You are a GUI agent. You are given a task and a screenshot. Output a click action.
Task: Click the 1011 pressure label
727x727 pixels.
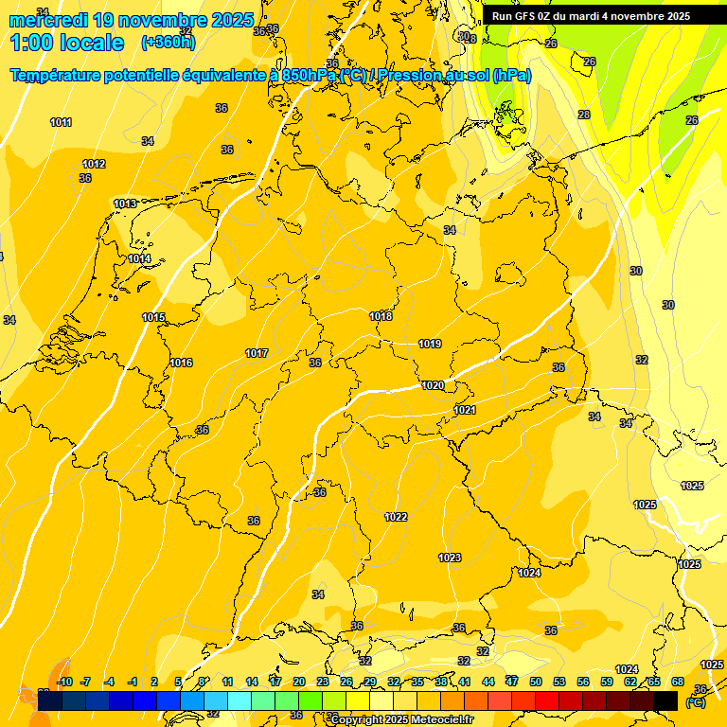pos(62,122)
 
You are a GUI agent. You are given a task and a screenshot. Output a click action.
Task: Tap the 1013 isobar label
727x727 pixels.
pos(125,204)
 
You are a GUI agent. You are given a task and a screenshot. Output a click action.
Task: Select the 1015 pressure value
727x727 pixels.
pos(153,318)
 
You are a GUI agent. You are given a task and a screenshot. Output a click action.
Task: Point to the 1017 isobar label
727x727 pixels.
pos(257,353)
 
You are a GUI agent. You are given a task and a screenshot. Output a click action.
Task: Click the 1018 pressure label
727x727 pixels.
pos(381,316)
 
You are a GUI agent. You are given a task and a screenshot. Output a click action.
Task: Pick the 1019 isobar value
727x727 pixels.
pos(430,344)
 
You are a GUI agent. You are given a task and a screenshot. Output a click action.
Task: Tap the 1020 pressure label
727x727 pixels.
pos(434,385)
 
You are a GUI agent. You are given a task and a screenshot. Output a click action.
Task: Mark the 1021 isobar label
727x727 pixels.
pos(465,410)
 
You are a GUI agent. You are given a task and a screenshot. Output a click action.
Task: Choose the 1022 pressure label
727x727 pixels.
pos(396,517)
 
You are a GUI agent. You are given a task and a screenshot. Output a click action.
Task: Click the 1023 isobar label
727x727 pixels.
pos(450,558)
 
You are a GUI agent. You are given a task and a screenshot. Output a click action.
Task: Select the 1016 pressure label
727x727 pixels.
pos(182,363)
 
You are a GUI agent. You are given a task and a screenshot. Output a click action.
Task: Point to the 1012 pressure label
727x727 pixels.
pos(94,164)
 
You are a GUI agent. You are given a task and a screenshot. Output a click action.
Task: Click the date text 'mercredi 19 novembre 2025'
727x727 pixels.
pos(132,20)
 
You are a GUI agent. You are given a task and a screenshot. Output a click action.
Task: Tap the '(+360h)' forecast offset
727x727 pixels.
pos(168,42)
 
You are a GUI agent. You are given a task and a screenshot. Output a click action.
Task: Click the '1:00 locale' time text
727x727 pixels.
pos(67,43)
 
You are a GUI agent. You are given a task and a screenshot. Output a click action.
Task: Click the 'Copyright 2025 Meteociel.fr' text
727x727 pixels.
pos(402,719)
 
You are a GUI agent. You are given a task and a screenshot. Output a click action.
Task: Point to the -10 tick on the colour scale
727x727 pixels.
pos(64,682)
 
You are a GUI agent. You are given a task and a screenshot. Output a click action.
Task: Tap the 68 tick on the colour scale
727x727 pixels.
pos(678,682)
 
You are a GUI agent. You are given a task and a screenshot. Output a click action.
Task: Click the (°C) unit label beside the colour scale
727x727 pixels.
pos(696,701)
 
